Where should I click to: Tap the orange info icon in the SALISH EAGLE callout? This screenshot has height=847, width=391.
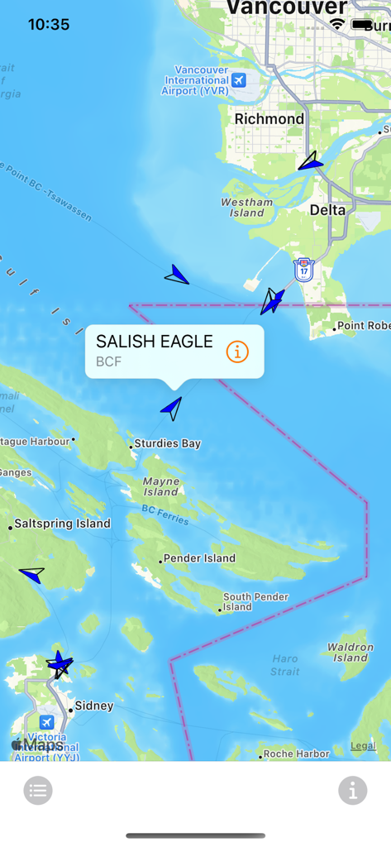tap(237, 352)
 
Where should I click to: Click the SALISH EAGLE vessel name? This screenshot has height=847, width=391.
tap(155, 342)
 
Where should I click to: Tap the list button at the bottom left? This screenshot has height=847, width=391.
tap(38, 790)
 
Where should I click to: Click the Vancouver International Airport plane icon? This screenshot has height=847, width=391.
tap(239, 80)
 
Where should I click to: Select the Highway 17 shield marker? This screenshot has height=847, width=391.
tap(304, 270)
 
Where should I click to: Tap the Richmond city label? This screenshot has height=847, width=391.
tap(269, 119)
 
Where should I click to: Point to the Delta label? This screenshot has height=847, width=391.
tap(327, 210)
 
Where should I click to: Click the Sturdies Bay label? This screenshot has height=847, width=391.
tap(167, 444)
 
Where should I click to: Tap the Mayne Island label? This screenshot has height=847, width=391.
tap(161, 486)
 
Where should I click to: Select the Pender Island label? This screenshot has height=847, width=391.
tap(199, 558)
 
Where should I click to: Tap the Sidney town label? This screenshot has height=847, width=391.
tap(93, 706)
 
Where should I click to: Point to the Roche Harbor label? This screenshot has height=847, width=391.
tap(297, 754)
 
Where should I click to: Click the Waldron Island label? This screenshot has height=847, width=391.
tap(350, 653)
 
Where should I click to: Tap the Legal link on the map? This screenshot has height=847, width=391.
tap(363, 746)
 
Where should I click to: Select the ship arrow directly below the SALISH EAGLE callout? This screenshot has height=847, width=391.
tap(172, 408)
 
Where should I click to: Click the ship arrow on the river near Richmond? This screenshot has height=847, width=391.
tap(310, 162)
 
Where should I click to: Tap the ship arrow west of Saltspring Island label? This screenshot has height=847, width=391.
tap(32, 574)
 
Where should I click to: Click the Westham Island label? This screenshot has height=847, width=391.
tap(246, 208)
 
